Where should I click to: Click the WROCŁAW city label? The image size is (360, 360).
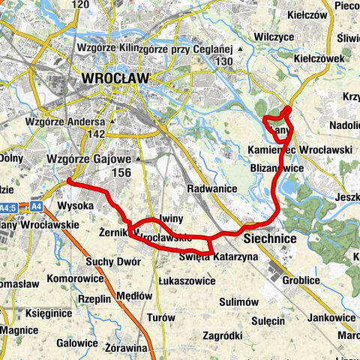(114, 78)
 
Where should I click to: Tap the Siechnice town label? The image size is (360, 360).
(271, 238)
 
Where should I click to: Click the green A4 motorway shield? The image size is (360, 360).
(37, 205)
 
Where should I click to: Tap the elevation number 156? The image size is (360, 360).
(121, 172)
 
